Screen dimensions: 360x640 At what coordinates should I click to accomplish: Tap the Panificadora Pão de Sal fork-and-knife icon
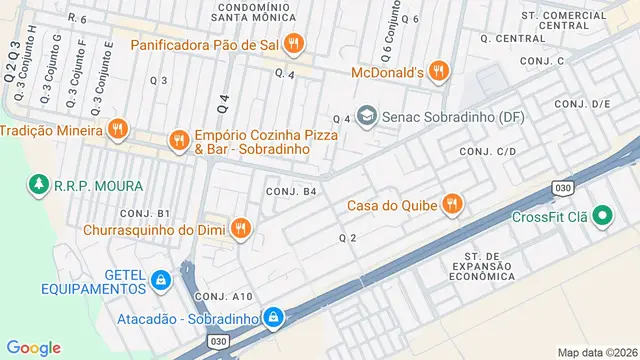pos(293,43)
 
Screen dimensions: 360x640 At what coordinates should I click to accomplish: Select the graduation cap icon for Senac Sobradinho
pos(367,117)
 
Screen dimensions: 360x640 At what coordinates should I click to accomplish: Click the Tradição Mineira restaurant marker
pos(118,129)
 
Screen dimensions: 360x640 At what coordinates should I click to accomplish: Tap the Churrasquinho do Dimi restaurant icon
pos(240,229)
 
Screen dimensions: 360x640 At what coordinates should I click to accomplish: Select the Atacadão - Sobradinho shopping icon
pos(273,318)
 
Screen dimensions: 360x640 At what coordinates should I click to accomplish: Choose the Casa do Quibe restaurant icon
pos(452,204)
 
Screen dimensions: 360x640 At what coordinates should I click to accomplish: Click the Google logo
pos(34,347)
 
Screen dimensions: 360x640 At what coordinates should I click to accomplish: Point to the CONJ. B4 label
pos(291,191)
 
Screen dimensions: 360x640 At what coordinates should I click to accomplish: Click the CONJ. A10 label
pos(223,296)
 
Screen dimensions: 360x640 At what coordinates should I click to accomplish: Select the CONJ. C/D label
pos(487,150)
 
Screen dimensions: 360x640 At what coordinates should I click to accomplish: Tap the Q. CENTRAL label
pos(512,38)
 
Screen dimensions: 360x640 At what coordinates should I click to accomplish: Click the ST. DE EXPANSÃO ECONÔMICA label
pos(481,267)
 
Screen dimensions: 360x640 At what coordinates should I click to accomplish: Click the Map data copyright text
pos(596,352)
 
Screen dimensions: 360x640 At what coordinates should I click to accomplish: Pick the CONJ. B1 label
pos(145,213)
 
